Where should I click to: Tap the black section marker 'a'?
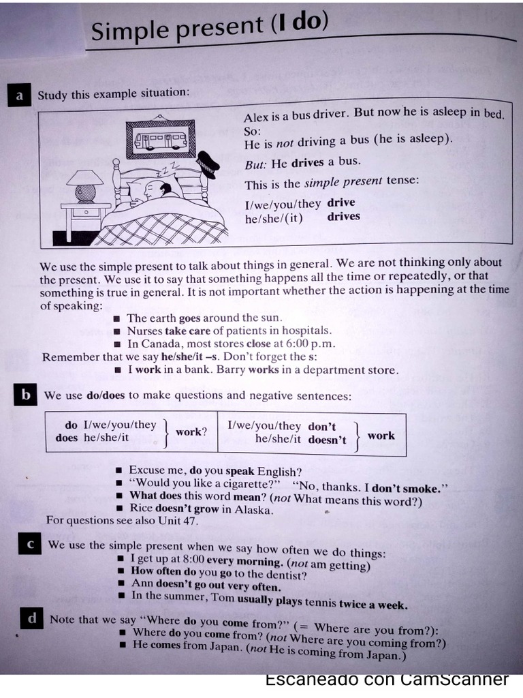click(x=19, y=96)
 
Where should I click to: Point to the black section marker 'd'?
click(x=31, y=619)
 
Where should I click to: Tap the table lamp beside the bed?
click(x=85, y=185)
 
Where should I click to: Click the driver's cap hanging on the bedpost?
click(x=206, y=164)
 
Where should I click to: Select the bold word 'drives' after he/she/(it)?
click(x=343, y=217)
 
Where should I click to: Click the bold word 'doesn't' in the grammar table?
click(x=327, y=440)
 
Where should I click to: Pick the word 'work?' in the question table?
click(x=191, y=432)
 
